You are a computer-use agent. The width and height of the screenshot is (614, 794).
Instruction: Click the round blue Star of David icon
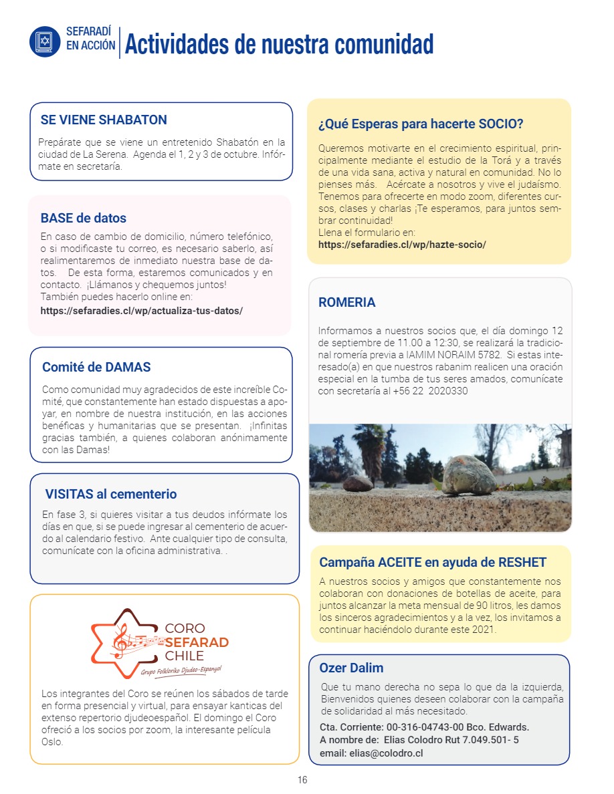click(x=45, y=41)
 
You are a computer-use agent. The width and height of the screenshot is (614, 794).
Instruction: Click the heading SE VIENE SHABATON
click(x=104, y=120)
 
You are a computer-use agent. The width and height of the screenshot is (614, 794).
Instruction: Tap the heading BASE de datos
click(x=84, y=218)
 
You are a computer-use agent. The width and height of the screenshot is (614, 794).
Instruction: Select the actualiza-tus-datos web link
click(x=141, y=311)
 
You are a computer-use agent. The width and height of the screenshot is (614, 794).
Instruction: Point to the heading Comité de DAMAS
click(x=96, y=367)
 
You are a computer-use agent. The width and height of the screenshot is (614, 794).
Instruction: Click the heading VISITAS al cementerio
click(x=111, y=495)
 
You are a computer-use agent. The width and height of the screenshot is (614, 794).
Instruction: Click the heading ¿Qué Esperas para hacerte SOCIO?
click(x=421, y=124)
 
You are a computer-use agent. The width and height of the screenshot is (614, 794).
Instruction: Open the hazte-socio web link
click(x=402, y=245)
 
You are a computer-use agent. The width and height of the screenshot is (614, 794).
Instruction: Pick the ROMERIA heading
click(x=347, y=302)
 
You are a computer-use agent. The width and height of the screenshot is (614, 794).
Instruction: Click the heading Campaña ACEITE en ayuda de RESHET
click(x=433, y=562)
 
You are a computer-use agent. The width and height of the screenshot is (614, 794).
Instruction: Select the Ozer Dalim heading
click(x=351, y=668)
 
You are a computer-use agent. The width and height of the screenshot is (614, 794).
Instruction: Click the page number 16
click(x=302, y=780)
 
